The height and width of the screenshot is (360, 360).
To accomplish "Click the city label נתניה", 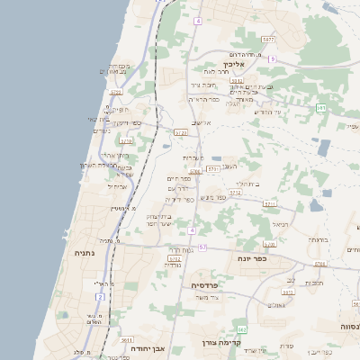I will click(87, 254).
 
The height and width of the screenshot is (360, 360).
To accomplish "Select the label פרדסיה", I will click(206, 284).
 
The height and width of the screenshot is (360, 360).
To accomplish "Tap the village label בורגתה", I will click(317, 240).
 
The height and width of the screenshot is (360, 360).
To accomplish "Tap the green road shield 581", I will click(321, 107).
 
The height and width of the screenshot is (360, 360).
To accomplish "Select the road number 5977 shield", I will click(268, 40).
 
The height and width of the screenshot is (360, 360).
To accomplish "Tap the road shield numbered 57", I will click(202, 247).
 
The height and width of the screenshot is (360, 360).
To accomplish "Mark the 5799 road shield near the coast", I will click(116, 92).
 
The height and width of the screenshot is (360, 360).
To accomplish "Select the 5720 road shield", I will click(181, 132).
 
